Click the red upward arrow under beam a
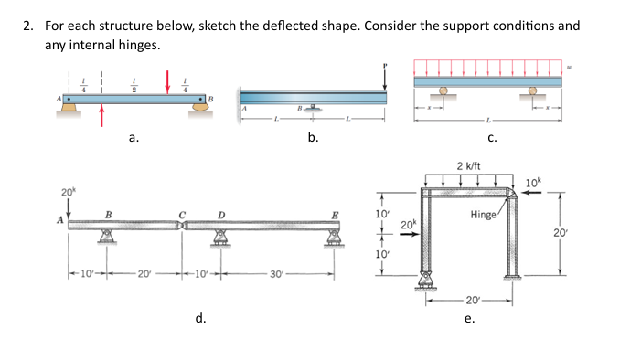(x=102, y=114)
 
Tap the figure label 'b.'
(x=313, y=138)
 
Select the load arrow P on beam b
(x=386, y=78)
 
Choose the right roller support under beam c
(x=534, y=92)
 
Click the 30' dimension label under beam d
(x=277, y=274)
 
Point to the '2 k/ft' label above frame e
(x=469, y=166)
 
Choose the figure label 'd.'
(x=198, y=318)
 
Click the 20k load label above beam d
(x=68, y=191)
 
